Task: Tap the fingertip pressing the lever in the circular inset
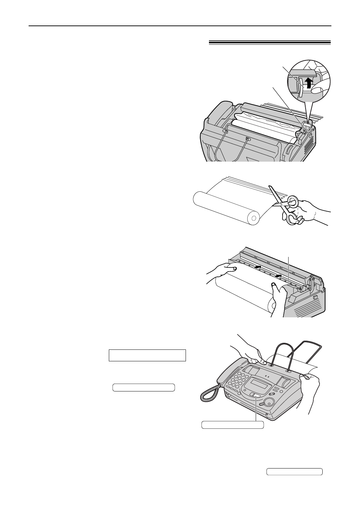[318, 90]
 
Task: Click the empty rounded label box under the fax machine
[233, 425]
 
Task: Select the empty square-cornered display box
[147, 355]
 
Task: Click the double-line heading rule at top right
[269, 43]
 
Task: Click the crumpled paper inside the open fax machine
[265, 120]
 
